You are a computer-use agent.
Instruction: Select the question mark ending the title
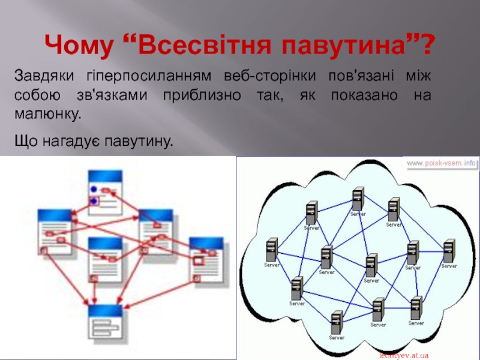tap(428, 44)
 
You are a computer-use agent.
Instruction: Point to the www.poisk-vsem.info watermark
tap(442, 163)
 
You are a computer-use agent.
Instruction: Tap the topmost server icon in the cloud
tap(358, 198)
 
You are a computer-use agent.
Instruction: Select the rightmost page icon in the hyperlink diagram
tap(206, 258)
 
